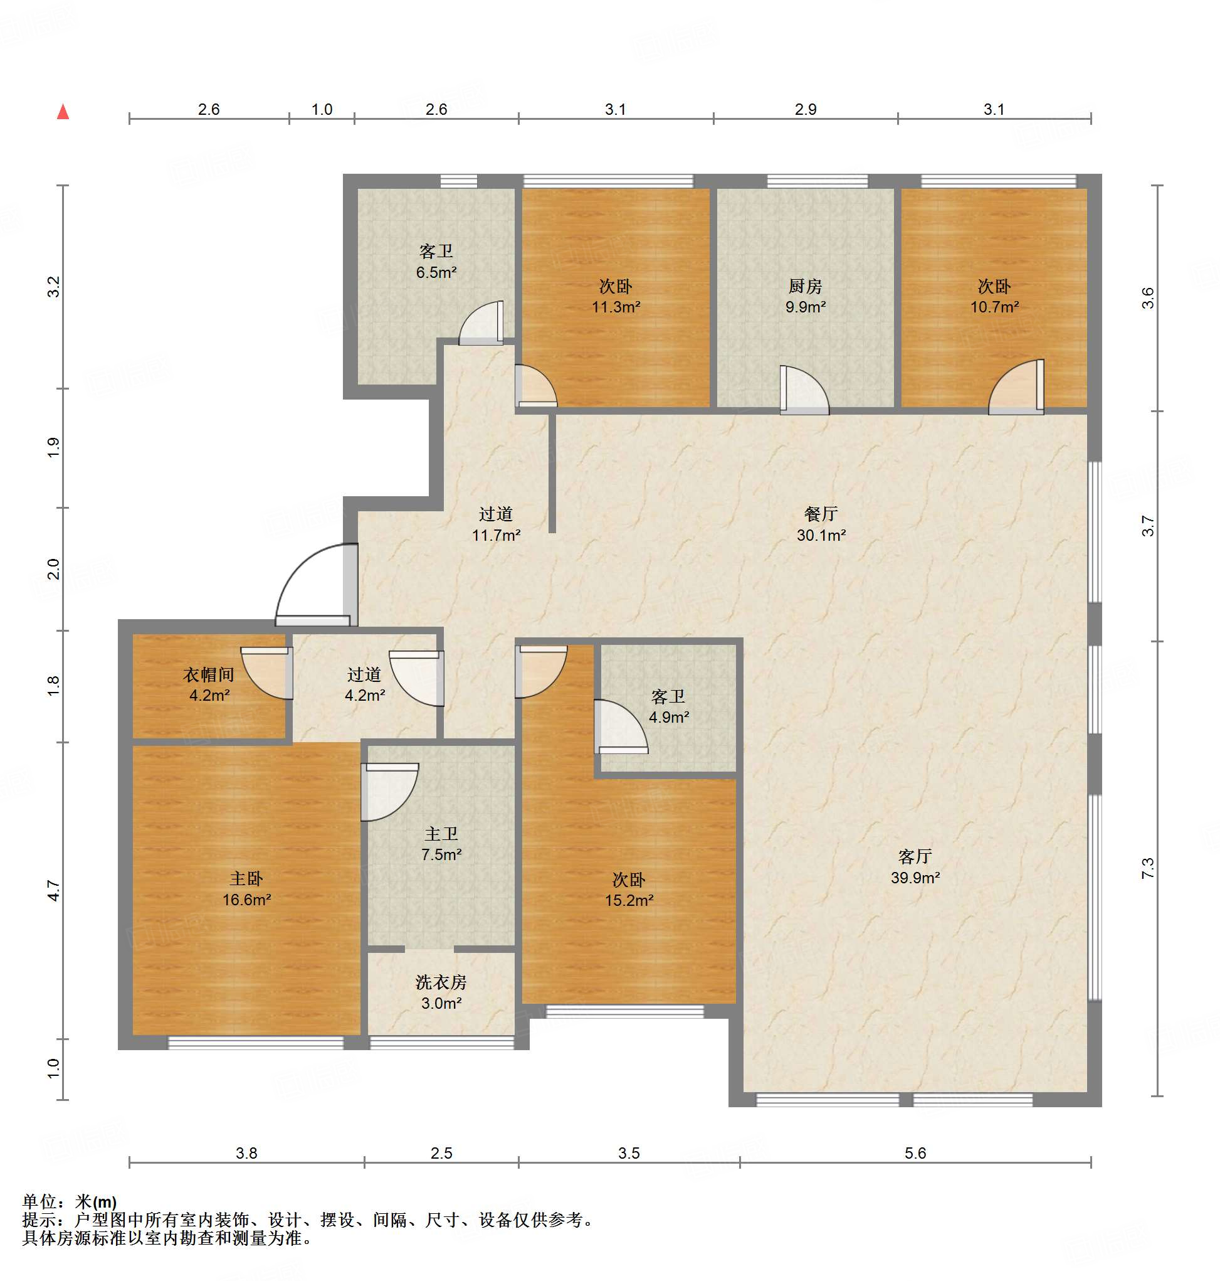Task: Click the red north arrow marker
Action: pyautogui.click(x=63, y=112)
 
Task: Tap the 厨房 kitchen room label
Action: pyautogui.click(x=805, y=285)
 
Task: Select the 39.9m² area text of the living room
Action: pyautogui.click(x=915, y=878)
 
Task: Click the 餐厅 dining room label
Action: pyautogui.click(x=821, y=514)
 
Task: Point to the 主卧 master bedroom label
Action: pyautogui.click(x=246, y=879)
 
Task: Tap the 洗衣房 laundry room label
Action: pyautogui.click(x=441, y=982)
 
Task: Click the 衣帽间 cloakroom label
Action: pyautogui.click(x=209, y=674)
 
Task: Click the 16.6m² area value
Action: pyautogui.click(x=246, y=900)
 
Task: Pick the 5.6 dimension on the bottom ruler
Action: pyautogui.click(x=915, y=1154)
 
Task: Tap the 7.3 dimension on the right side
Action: pyautogui.click(x=1148, y=868)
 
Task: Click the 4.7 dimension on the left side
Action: pyautogui.click(x=54, y=891)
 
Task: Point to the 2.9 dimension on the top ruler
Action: pyautogui.click(x=805, y=109)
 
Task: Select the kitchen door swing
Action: pyautogui.click(x=804, y=390)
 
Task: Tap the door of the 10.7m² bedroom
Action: pyautogui.click(x=1016, y=387)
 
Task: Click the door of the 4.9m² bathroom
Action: pyautogui.click(x=621, y=726)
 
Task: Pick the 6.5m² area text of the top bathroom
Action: pyautogui.click(x=436, y=273)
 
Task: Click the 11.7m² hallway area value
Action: pyautogui.click(x=495, y=536)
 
